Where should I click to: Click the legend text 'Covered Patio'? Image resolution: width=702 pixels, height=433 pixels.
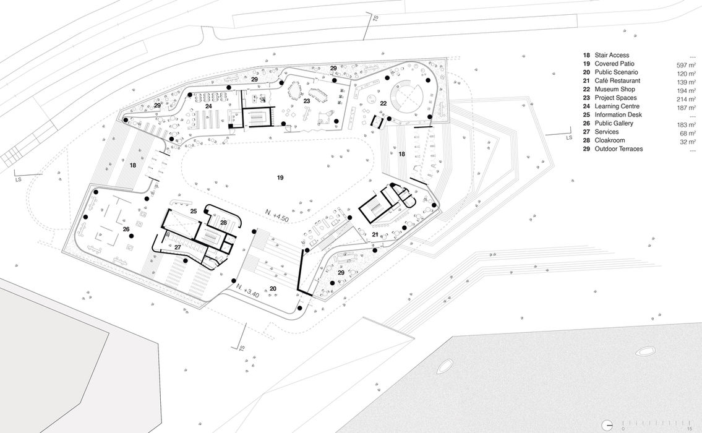[614, 64]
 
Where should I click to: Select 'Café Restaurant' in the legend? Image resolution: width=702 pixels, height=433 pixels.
[617, 80]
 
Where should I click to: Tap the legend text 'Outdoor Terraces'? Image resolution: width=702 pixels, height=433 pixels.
[619, 148]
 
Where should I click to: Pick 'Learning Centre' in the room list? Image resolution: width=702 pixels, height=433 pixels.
[617, 106]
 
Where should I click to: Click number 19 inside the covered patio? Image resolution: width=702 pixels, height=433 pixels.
[280, 178]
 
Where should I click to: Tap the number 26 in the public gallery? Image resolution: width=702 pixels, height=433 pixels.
[126, 229]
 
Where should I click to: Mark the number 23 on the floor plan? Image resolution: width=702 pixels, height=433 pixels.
[306, 101]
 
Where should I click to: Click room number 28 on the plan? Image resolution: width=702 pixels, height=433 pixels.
[223, 222]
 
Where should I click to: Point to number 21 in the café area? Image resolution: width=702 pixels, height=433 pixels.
[375, 234]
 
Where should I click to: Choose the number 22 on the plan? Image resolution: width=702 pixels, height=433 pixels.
[383, 103]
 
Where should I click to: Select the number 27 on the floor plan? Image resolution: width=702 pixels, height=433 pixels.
[177, 247]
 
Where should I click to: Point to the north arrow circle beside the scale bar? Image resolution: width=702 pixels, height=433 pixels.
[609, 425]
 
